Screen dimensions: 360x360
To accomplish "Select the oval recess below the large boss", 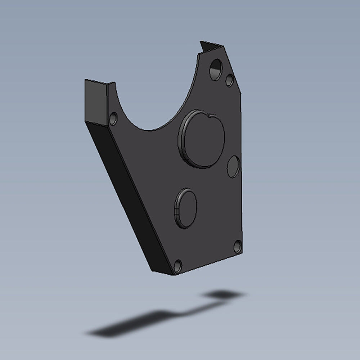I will point(186,208).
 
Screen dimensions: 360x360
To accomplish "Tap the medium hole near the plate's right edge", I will point(233,166).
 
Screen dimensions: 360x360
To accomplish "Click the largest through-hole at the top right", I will point(216,69).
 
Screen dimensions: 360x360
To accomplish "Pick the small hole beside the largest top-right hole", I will point(229,80).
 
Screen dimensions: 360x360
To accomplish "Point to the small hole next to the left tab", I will point(113,118).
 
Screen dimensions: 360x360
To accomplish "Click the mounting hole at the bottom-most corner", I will point(177,266).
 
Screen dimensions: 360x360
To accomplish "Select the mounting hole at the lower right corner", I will point(237,247).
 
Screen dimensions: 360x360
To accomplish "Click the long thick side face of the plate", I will point(126,198).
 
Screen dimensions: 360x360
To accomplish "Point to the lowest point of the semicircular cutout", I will point(151,130).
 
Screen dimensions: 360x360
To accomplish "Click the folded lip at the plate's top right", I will point(211,47).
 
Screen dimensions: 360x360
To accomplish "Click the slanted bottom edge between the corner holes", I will point(209,263).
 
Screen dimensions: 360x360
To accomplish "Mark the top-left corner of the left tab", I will point(85,80).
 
